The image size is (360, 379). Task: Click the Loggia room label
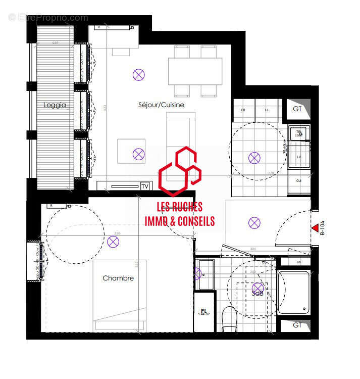click(x=55, y=105)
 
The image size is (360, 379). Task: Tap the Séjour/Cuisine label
click(x=161, y=105)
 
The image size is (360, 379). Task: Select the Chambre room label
click(x=118, y=278)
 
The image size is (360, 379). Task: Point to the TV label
click(x=145, y=186)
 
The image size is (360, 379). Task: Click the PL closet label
click(x=204, y=311)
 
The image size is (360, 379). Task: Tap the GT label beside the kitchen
click(x=297, y=109)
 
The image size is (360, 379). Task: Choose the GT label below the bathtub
click(x=297, y=325)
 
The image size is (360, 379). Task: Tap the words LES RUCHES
click(x=180, y=207)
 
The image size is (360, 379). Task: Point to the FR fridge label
click(x=243, y=110)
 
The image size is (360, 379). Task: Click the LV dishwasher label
click(x=298, y=157)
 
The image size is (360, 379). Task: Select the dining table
click(x=195, y=71)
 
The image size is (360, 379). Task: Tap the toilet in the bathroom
click(x=230, y=319)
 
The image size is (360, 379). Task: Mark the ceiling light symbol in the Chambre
click(x=113, y=242)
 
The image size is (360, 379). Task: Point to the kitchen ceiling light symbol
click(x=254, y=158)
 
